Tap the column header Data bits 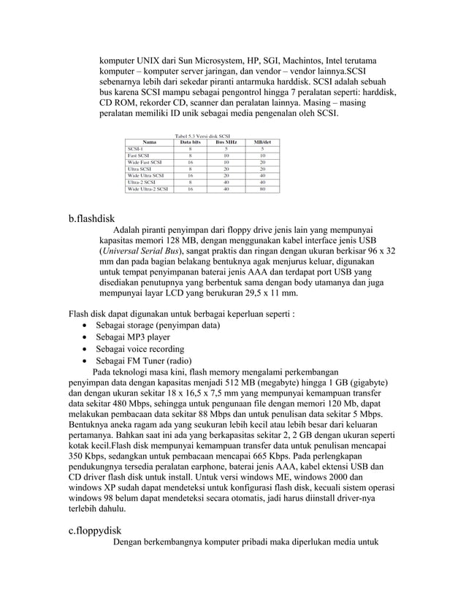[x=190, y=142]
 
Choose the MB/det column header [x=262, y=142]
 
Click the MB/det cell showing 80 [x=262, y=188]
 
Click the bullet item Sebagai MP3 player [x=133, y=338]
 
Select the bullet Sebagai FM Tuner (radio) [x=143, y=361]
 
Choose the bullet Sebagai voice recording [x=142, y=350]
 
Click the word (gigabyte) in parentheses [x=363, y=382]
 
